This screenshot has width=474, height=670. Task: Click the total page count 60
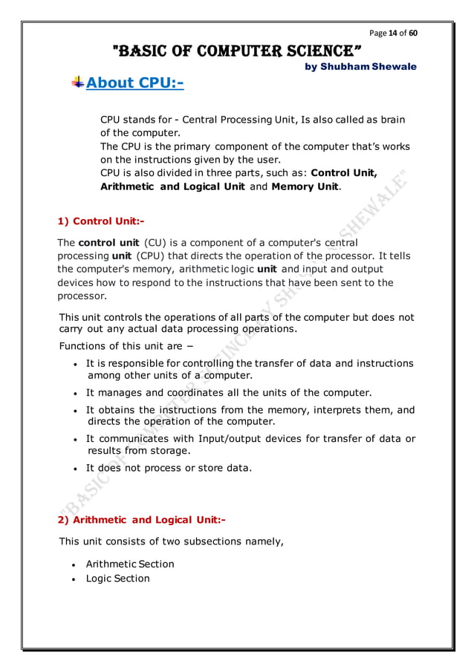pyautogui.click(x=413, y=33)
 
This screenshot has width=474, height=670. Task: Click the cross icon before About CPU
pyautogui.click(x=77, y=82)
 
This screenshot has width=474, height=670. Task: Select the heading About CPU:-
pyautogui.click(x=134, y=82)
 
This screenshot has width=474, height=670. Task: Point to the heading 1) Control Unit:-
pyautogui.click(x=101, y=221)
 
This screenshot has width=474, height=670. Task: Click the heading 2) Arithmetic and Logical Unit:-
pyautogui.click(x=142, y=520)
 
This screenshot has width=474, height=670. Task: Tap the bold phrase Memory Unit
pyautogui.click(x=305, y=186)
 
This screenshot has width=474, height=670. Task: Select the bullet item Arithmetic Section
pyautogui.click(x=130, y=564)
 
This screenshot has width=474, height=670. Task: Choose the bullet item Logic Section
pyautogui.click(x=117, y=578)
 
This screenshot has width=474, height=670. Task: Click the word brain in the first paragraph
pyautogui.click(x=391, y=120)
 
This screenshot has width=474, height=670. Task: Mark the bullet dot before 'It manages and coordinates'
pyautogui.click(x=77, y=393)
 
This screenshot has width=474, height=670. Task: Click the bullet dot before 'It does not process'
pyautogui.click(x=77, y=469)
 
